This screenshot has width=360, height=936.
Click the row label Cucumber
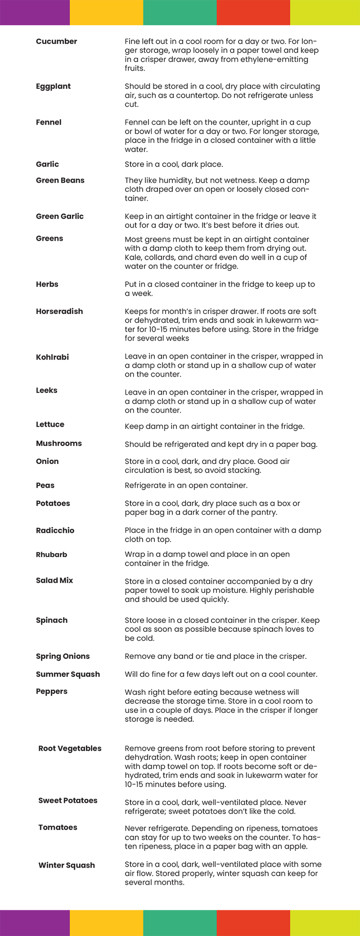click(56, 41)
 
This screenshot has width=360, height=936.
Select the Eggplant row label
click(53, 86)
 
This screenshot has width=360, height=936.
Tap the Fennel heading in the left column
click(49, 122)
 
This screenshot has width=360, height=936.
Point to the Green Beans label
click(60, 180)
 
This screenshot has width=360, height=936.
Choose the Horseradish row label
click(59, 311)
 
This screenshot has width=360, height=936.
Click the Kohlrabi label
click(52, 357)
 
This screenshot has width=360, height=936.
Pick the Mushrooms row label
click(58, 444)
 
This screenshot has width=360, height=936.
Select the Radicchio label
click(55, 531)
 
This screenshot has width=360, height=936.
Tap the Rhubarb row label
click(51, 555)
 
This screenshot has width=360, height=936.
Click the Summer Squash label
click(68, 675)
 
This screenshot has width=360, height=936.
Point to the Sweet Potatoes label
click(67, 801)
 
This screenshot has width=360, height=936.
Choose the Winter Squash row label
click(67, 865)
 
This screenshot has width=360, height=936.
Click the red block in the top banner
click(253, 13)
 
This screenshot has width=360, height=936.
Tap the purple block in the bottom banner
click(35, 923)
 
